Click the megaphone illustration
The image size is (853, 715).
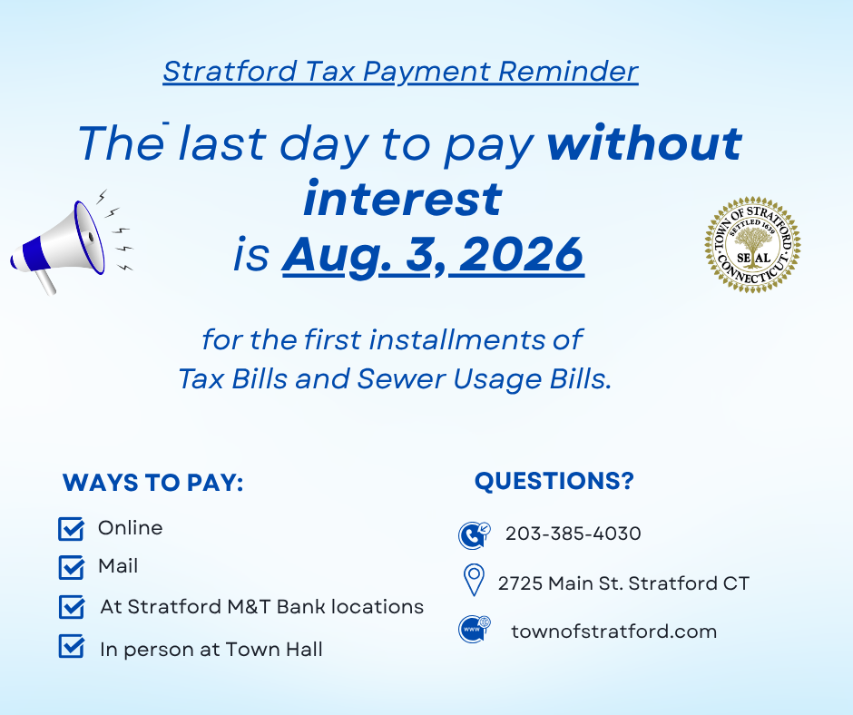click(59, 245)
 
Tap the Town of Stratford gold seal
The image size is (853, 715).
click(752, 245)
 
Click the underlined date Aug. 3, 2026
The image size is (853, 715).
click(433, 255)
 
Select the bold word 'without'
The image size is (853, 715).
click(644, 142)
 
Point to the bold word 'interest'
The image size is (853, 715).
click(403, 199)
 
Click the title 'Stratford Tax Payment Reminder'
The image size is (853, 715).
click(400, 72)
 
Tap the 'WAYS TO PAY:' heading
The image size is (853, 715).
click(152, 483)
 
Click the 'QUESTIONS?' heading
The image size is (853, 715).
click(554, 481)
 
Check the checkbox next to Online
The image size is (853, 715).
click(72, 529)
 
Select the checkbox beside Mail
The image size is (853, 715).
click(72, 567)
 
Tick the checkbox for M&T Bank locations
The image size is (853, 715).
click(72, 607)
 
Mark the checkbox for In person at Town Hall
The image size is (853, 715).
click(72, 646)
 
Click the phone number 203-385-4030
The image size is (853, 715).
click(574, 534)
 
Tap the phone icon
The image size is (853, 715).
click(474, 535)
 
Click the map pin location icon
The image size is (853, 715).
click(474, 580)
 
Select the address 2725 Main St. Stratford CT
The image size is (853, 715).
click(623, 583)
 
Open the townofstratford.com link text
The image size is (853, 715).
click(614, 632)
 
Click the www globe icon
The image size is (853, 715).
click(474, 629)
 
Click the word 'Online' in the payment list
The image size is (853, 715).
click(130, 528)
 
